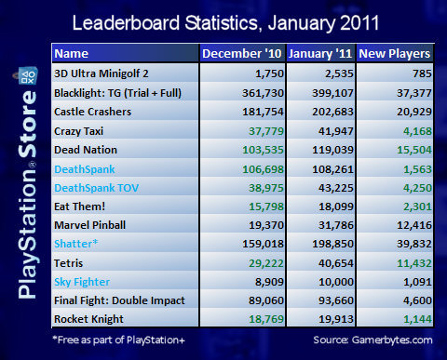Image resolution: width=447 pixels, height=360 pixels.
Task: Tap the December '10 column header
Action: coord(242,53)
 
